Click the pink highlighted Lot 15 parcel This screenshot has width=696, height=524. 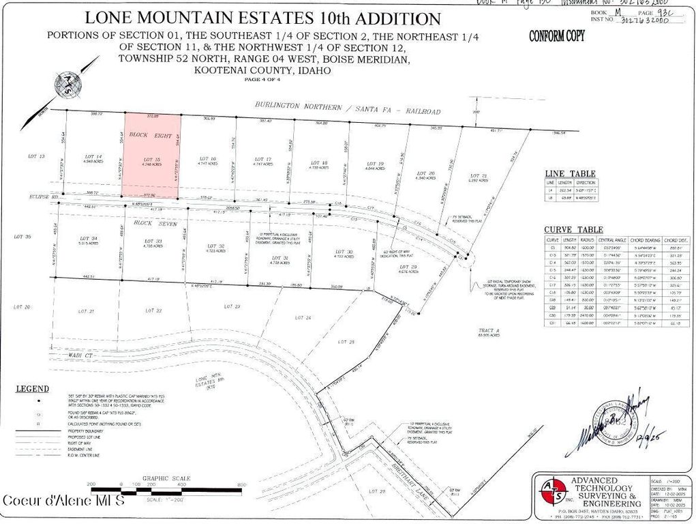152,156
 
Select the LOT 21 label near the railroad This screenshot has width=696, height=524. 479,177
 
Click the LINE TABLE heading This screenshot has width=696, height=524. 569,174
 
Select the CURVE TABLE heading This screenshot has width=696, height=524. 573,229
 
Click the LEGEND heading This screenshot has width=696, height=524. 33,389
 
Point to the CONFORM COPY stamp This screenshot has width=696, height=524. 556,36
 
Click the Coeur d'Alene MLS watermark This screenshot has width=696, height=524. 63,501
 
